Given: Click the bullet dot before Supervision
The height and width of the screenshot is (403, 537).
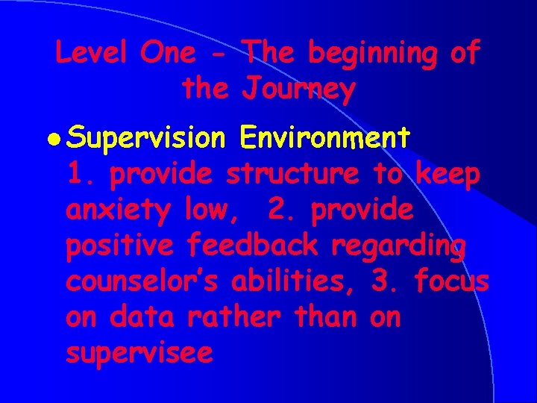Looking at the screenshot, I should point(59,138).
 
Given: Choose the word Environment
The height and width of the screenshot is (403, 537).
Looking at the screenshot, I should point(324,137).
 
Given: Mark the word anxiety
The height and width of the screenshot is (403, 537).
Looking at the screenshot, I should point(120,210).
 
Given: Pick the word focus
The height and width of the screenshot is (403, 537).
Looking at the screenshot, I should point(451,281).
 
